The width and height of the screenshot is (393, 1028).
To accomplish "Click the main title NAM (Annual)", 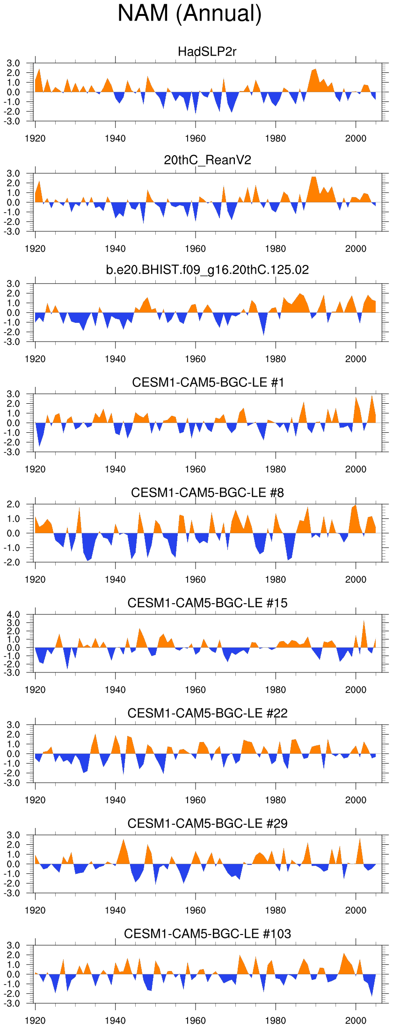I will click(x=189, y=13).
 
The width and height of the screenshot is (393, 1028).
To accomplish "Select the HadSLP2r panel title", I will click(x=207, y=51).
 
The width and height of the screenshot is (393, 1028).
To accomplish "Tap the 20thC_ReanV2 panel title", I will click(x=207, y=160).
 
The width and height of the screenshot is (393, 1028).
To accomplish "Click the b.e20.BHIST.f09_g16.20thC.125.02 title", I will click(x=207, y=270).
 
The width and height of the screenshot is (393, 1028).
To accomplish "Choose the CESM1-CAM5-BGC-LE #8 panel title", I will click(x=207, y=493).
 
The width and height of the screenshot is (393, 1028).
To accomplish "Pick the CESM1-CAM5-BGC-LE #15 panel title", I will click(x=207, y=603).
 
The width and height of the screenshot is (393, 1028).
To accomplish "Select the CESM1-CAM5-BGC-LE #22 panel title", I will click(x=207, y=713).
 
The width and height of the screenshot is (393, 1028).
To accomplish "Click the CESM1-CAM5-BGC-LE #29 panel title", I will click(x=207, y=823).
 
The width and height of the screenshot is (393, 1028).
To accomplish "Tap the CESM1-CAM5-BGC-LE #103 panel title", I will click(x=207, y=934).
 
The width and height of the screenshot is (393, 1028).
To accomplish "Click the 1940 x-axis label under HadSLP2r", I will click(x=115, y=138).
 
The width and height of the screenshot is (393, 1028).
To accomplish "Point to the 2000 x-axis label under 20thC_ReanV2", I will click(x=356, y=249).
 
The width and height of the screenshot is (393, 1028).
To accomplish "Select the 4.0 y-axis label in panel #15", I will click(x=14, y=614).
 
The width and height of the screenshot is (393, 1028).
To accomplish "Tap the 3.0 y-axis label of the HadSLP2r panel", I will click(x=14, y=64).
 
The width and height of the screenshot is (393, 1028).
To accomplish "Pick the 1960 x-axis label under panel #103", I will click(x=195, y=1021).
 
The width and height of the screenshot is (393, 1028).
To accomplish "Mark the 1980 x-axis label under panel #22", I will click(x=275, y=800).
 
